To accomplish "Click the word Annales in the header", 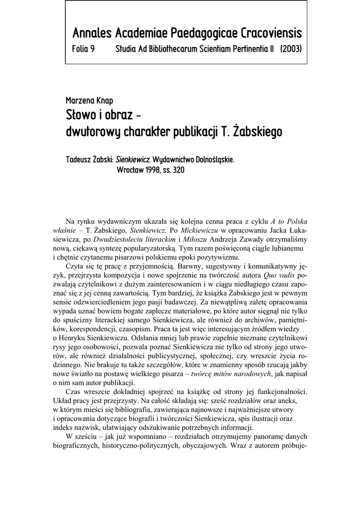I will point(92,34).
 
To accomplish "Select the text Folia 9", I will point(83,50).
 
